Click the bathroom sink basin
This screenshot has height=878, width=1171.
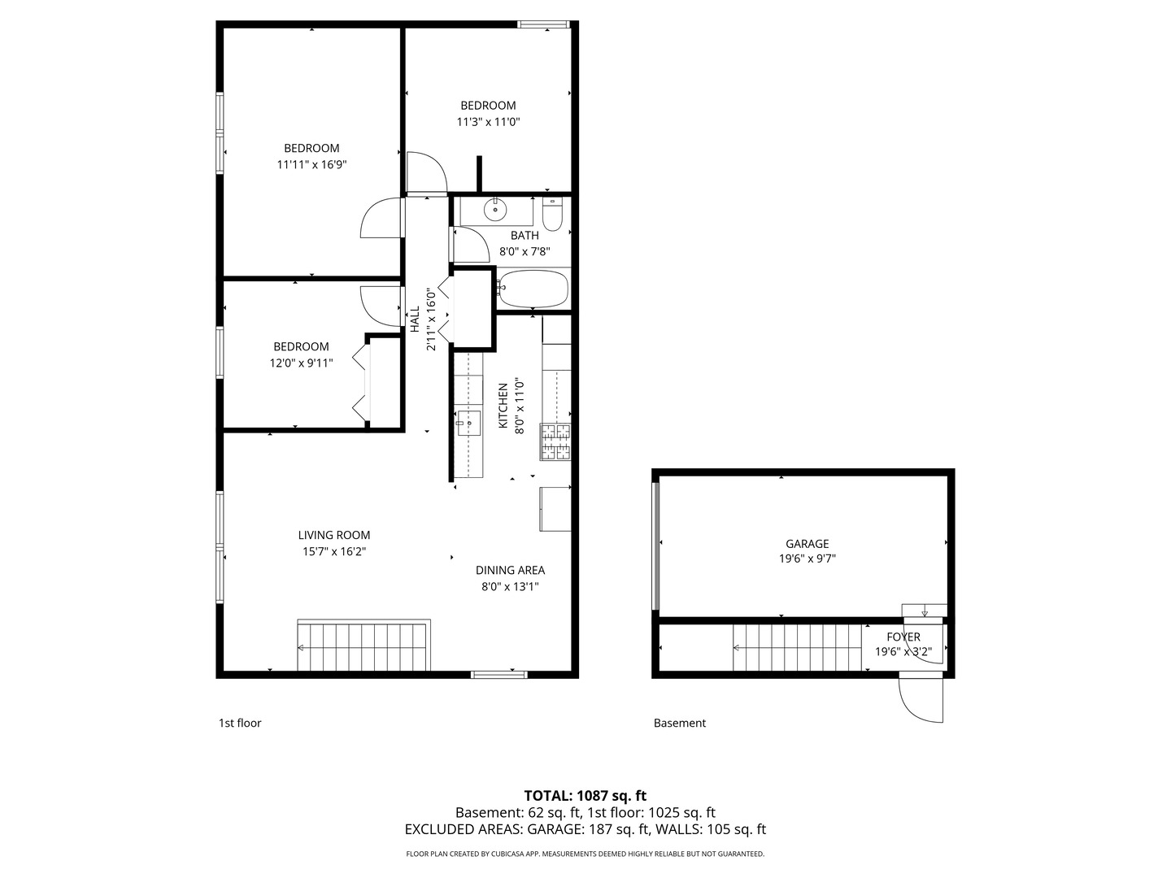click(x=495, y=211)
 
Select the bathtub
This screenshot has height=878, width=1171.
click(x=533, y=289)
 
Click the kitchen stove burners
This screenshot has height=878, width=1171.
click(x=555, y=442)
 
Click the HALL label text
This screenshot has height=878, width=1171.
click(x=415, y=319)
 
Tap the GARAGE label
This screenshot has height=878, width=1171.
click(x=807, y=544)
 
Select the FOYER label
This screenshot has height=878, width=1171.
click(x=903, y=637)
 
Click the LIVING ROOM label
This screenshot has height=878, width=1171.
click(x=333, y=535)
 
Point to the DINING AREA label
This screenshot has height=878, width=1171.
click(x=510, y=570)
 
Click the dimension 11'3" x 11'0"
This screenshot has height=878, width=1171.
click(x=488, y=122)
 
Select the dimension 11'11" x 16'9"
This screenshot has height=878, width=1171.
click(x=311, y=164)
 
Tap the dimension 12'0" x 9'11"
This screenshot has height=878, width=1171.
click(x=301, y=363)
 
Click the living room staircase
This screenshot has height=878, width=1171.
click(x=363, y=647)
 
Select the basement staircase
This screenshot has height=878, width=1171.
click(x=797, y=648)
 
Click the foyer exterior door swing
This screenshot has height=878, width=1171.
click(x=921, y=699)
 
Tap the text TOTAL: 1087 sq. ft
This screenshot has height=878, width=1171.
click(x=585, y=796)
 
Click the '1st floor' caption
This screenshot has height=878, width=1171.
click(x=240, y=723)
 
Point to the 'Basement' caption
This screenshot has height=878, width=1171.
click(x=680, y=723)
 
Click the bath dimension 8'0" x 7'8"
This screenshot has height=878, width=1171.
click(x=525, y=251)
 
